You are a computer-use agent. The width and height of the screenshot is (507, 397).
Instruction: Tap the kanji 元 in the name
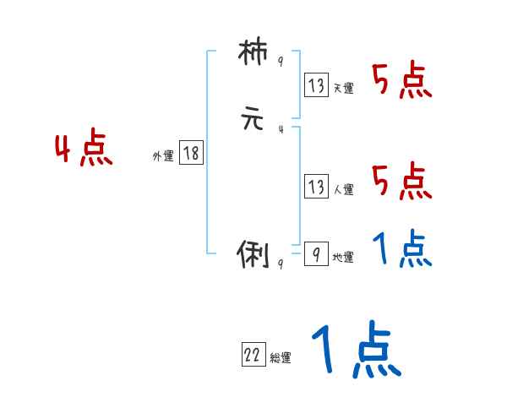point(253,120)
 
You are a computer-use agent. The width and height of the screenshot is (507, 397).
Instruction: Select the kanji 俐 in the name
point(253,253)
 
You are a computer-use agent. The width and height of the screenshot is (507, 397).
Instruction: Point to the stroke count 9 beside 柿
point(281,63)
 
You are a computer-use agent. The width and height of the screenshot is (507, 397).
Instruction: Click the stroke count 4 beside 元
point(281,128)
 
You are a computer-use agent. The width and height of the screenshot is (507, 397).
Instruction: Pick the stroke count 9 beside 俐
point(281,263)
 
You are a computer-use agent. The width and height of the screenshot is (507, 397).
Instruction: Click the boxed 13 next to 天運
point(316,85)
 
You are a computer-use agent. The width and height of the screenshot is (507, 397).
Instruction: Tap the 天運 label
point(343,87)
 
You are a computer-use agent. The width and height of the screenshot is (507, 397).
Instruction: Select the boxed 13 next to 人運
point(316,187)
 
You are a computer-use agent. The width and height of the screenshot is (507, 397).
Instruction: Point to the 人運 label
point(343,189)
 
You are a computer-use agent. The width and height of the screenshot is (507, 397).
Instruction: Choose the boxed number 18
point(191,153)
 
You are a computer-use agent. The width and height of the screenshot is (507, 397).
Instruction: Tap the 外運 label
point(163,155)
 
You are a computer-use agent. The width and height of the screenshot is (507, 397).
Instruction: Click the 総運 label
point(281,358)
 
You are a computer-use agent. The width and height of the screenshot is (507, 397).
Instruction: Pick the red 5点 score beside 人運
point(402,180)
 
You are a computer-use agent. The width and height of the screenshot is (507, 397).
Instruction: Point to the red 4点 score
point(84,150)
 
